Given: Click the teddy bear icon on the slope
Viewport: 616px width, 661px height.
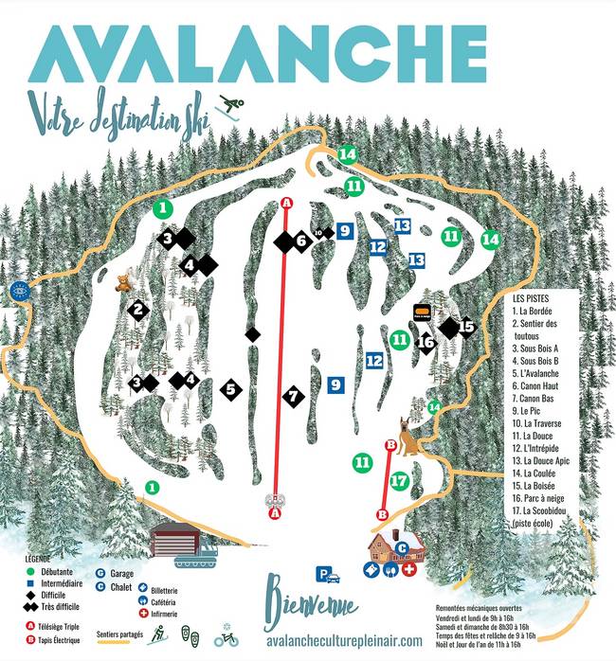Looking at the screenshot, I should pos(123,282).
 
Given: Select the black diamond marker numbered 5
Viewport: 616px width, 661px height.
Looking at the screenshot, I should pos(230,388).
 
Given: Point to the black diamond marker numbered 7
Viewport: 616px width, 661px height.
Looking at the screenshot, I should pos(294,396).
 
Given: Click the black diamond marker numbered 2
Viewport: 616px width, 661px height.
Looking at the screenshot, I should pos(137,310).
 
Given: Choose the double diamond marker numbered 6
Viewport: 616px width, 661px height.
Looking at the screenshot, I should pos(293,241).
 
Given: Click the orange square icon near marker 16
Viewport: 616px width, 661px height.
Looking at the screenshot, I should pos(422,311).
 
